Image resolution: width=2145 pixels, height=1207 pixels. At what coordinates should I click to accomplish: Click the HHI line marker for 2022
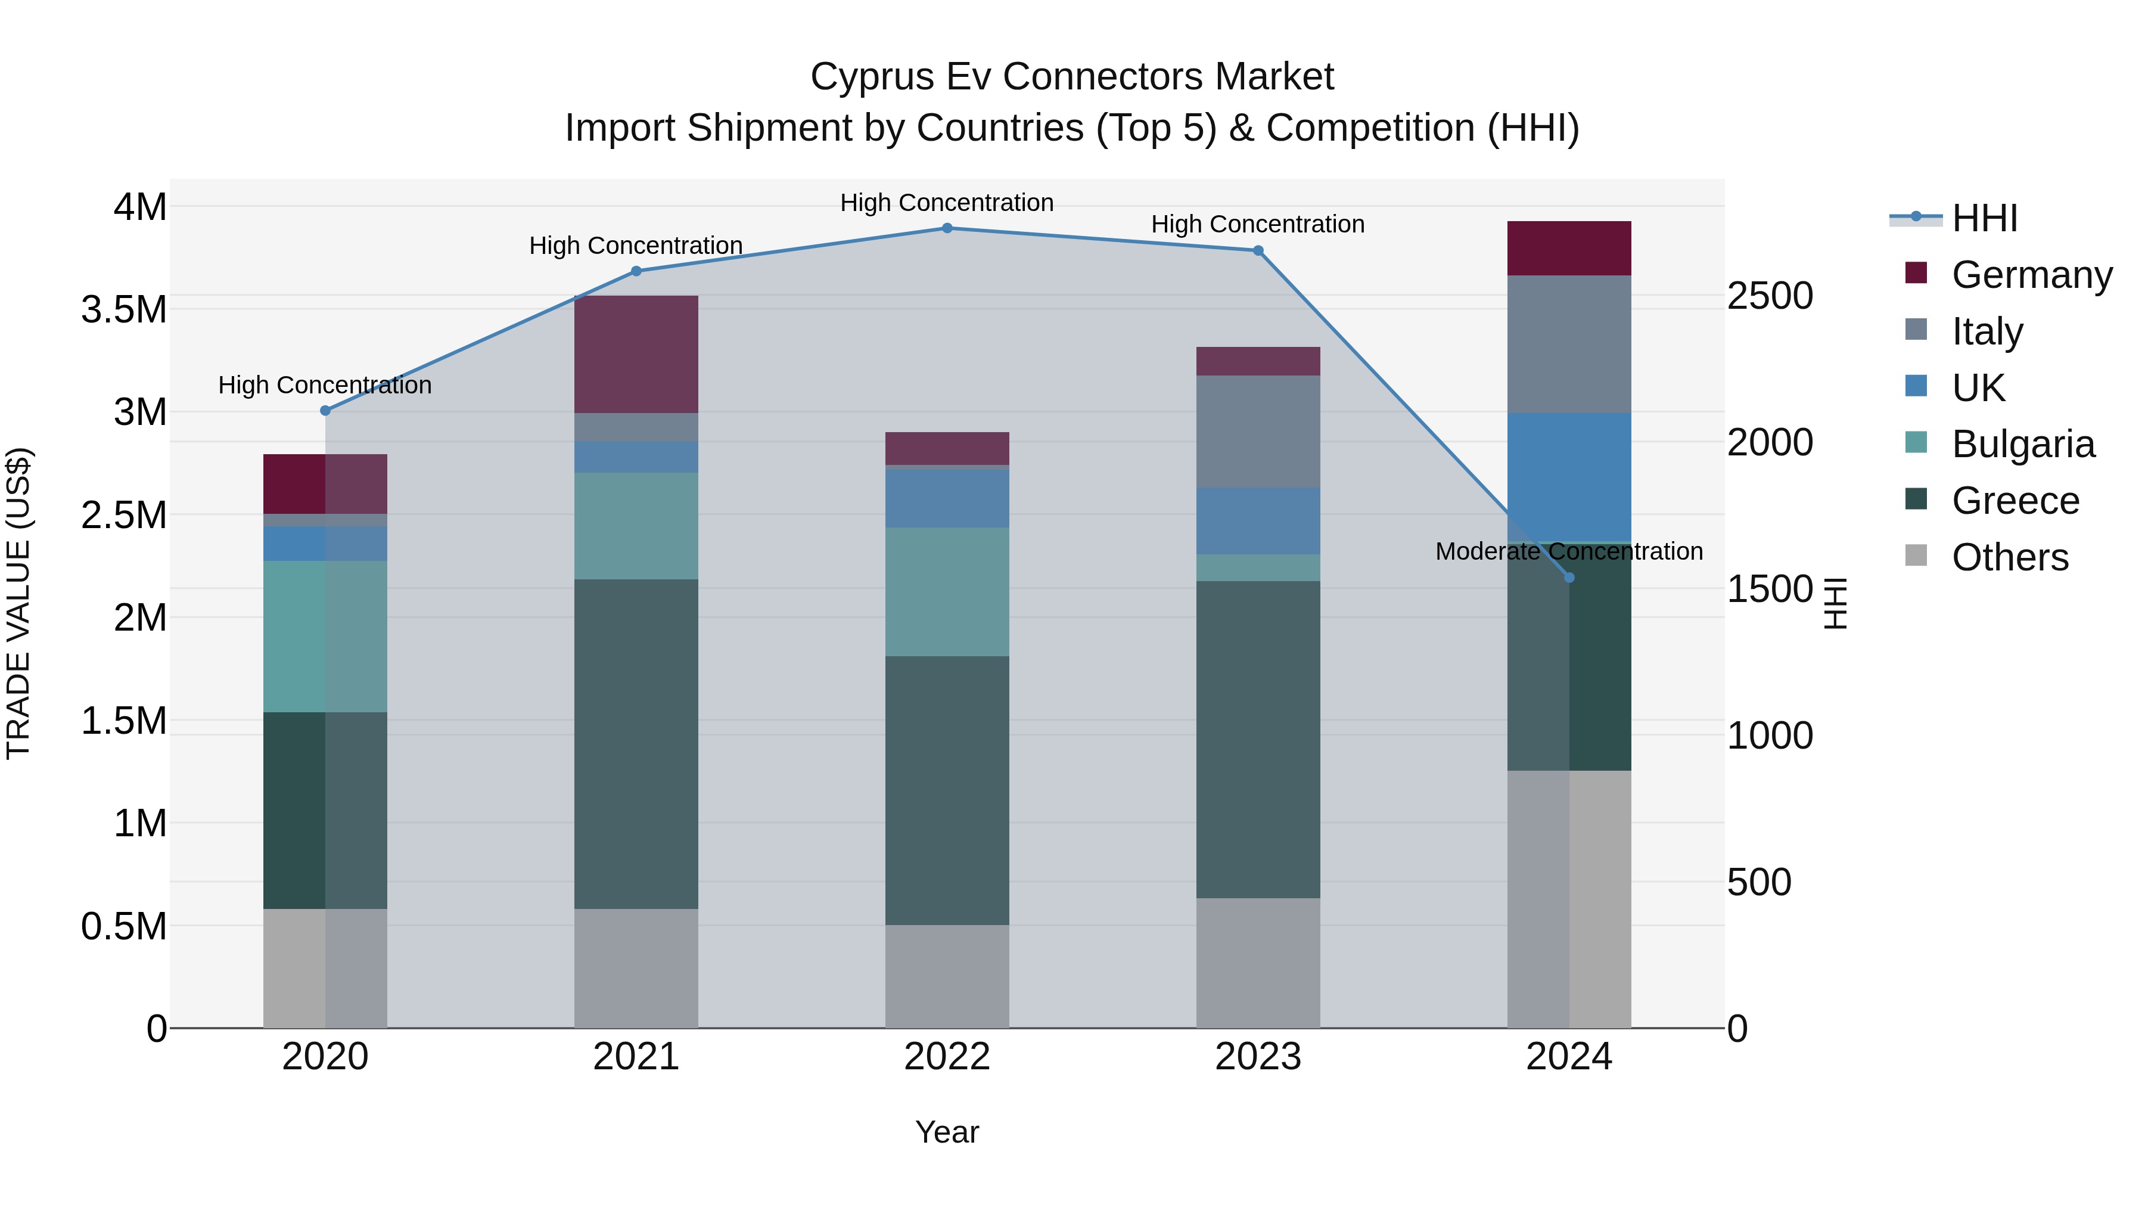click(x=947, y=228)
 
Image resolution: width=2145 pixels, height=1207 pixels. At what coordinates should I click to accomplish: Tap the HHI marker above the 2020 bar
click(x=325, y=411)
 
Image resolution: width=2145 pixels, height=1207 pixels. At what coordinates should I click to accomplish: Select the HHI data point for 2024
click(x=1569, y=577)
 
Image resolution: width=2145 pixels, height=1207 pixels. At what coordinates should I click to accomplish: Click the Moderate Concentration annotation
click(x=1569, y=551)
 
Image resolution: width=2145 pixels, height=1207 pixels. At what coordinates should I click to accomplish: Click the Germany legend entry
click(x=2031, y=275)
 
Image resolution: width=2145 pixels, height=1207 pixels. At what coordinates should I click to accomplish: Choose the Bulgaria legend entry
click(x=2023, y=444)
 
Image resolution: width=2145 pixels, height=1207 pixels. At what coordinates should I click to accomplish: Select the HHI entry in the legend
click(x=1984, y=218)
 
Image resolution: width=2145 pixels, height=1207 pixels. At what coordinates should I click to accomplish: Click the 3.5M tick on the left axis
click(x=124, y=310)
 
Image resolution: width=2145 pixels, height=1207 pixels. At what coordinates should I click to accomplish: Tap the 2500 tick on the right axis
click(x=1770, y=296)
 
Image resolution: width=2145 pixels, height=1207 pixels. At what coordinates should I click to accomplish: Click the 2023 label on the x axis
click(x=1257, y=1057)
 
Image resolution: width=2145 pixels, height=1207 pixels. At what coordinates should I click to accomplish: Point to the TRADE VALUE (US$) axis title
click(x=18, y=603)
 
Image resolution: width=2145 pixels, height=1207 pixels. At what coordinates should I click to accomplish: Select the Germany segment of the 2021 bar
click(x=636, y=354)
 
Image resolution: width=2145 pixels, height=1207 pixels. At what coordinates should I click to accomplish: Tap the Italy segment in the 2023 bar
click(x=1257, y=431)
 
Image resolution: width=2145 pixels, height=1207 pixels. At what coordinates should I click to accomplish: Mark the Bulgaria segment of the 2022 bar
click(x=947, y=591)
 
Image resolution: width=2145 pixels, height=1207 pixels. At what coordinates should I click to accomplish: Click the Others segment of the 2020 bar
click(x=325, y=968)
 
